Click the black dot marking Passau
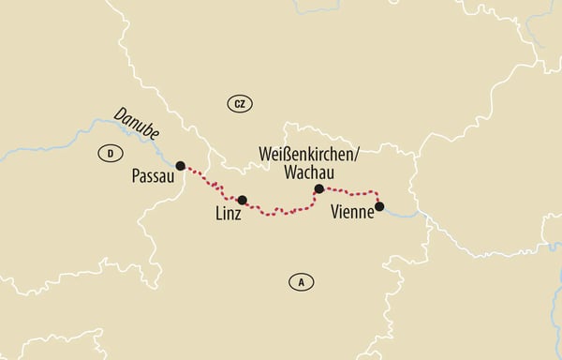click(x=181, y=165)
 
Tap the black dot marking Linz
click(x=243, y=200)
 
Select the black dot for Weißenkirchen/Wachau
click(x=318, y=188)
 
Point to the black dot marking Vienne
click(x=379, y=205)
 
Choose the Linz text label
click(x=227, y=215)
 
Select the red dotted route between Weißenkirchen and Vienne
click(x=351, y=191)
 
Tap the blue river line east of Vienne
click(x=403, y=213)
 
